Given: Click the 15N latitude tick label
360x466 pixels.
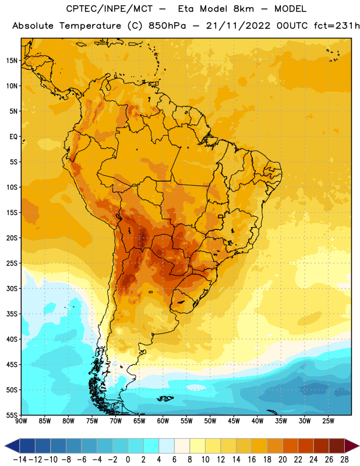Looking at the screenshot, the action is (x=12, y=61).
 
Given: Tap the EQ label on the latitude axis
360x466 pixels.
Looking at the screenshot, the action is (x=13, y=137).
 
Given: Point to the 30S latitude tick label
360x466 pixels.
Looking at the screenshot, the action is (x=12, y=288).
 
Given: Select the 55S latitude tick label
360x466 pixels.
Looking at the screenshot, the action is (x=12, y=415).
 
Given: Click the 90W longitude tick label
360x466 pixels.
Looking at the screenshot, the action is (x=22, y=421).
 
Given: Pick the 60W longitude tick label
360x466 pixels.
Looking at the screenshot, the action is (x=163, y=421).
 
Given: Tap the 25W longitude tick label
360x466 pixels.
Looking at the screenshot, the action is (x=328, y=421).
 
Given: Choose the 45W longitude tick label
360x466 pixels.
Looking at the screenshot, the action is (x=234, y=421).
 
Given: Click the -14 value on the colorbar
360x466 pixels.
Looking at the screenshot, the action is (x=20, y=460).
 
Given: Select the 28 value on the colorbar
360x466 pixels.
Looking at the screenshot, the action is (x=344, y=460).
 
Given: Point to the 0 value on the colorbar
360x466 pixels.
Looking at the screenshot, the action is (x=128, y=460).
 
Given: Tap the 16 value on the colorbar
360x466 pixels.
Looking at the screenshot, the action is (x=252, y=460).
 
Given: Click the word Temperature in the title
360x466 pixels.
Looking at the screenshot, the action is (x=90, y=26).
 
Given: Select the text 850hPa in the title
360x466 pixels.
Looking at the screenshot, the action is (x=167, y=26).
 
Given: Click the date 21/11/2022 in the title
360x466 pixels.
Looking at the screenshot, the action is (x=238, y=26).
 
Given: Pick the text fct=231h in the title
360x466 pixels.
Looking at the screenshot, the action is (x=337, y=26).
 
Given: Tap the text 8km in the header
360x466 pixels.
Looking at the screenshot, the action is (x=243, y=9).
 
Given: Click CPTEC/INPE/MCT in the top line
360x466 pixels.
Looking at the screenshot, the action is (x=110, y=9).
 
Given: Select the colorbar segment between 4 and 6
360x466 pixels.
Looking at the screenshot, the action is (x=167, y=446).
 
